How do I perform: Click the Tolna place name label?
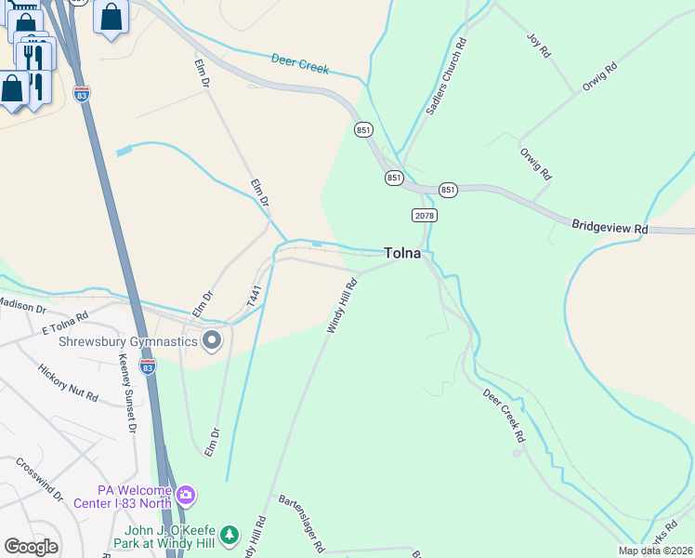(402, 253)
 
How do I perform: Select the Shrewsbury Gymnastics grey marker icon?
(212, 341)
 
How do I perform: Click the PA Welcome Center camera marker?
(186, 494)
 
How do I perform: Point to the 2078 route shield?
(424, 215)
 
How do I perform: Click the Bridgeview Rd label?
(609, 227)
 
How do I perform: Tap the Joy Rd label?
(539, 46)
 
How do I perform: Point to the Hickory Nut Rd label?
(68, 382)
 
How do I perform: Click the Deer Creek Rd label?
(505, 410)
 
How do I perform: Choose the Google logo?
(31, 547)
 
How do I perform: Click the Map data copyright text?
(655, 551)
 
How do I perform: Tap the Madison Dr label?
(22, 306)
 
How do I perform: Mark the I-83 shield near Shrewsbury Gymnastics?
(147, 367)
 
